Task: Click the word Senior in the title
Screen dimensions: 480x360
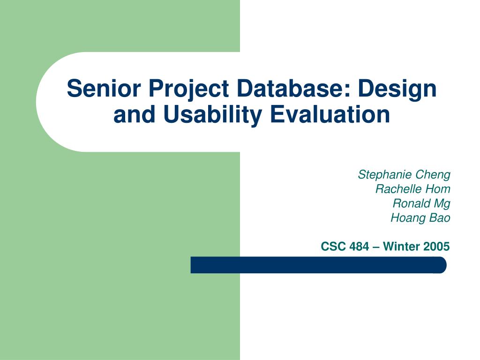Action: [x=104, y=88]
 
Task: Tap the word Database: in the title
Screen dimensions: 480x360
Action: [x=293, y=88]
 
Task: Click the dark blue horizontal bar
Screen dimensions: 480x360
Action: [x=318, y=265]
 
